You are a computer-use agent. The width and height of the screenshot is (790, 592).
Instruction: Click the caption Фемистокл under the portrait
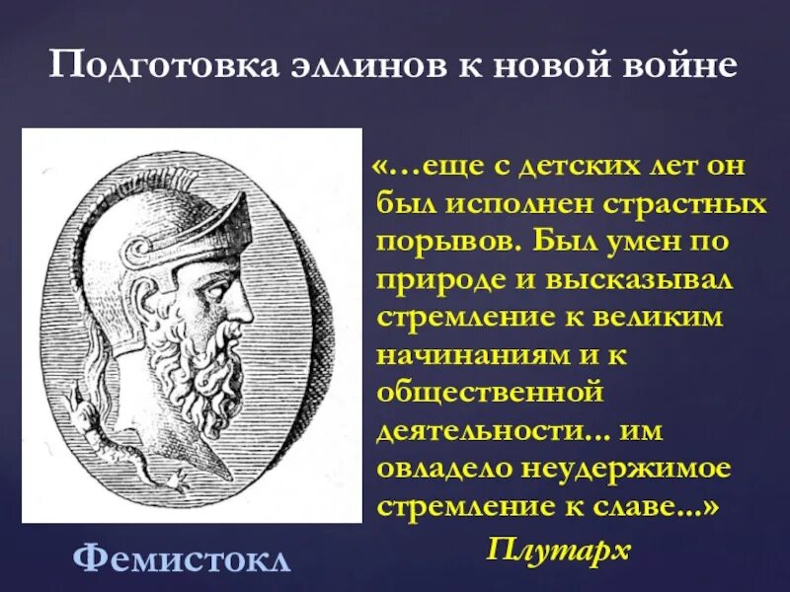coord(183,559)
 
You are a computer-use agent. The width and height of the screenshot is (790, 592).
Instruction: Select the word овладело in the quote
coord(444,467)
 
